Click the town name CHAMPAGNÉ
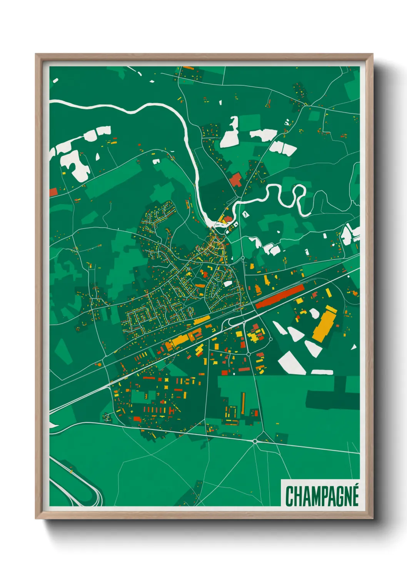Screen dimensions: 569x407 click(x=322, y=496)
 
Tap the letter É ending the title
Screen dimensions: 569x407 click(x=354, y=495)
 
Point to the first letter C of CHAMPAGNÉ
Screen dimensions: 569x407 click(x=289, y=496)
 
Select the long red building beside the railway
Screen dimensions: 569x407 click(x=280, y=296)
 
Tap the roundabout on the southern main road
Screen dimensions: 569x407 click(x=255, y=441)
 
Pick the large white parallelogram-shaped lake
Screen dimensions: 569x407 click(x=292, y=363)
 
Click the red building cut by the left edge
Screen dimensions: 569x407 click(x=53, y=192)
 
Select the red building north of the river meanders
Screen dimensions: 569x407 click(x=236, y=180)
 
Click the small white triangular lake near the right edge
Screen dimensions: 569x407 click(x=354, y=347)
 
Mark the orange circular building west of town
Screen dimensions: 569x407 click(x=99, y=364)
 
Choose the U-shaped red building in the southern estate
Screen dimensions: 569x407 click(x=172, y=411)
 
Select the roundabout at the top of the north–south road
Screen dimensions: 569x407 click(x=243, y=258)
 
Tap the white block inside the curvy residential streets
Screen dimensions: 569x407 click(x=228, y=284)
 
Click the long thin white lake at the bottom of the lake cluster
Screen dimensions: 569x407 click(x=322, y=372)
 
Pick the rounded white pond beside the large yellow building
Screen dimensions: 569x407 click(x=314, y=313)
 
